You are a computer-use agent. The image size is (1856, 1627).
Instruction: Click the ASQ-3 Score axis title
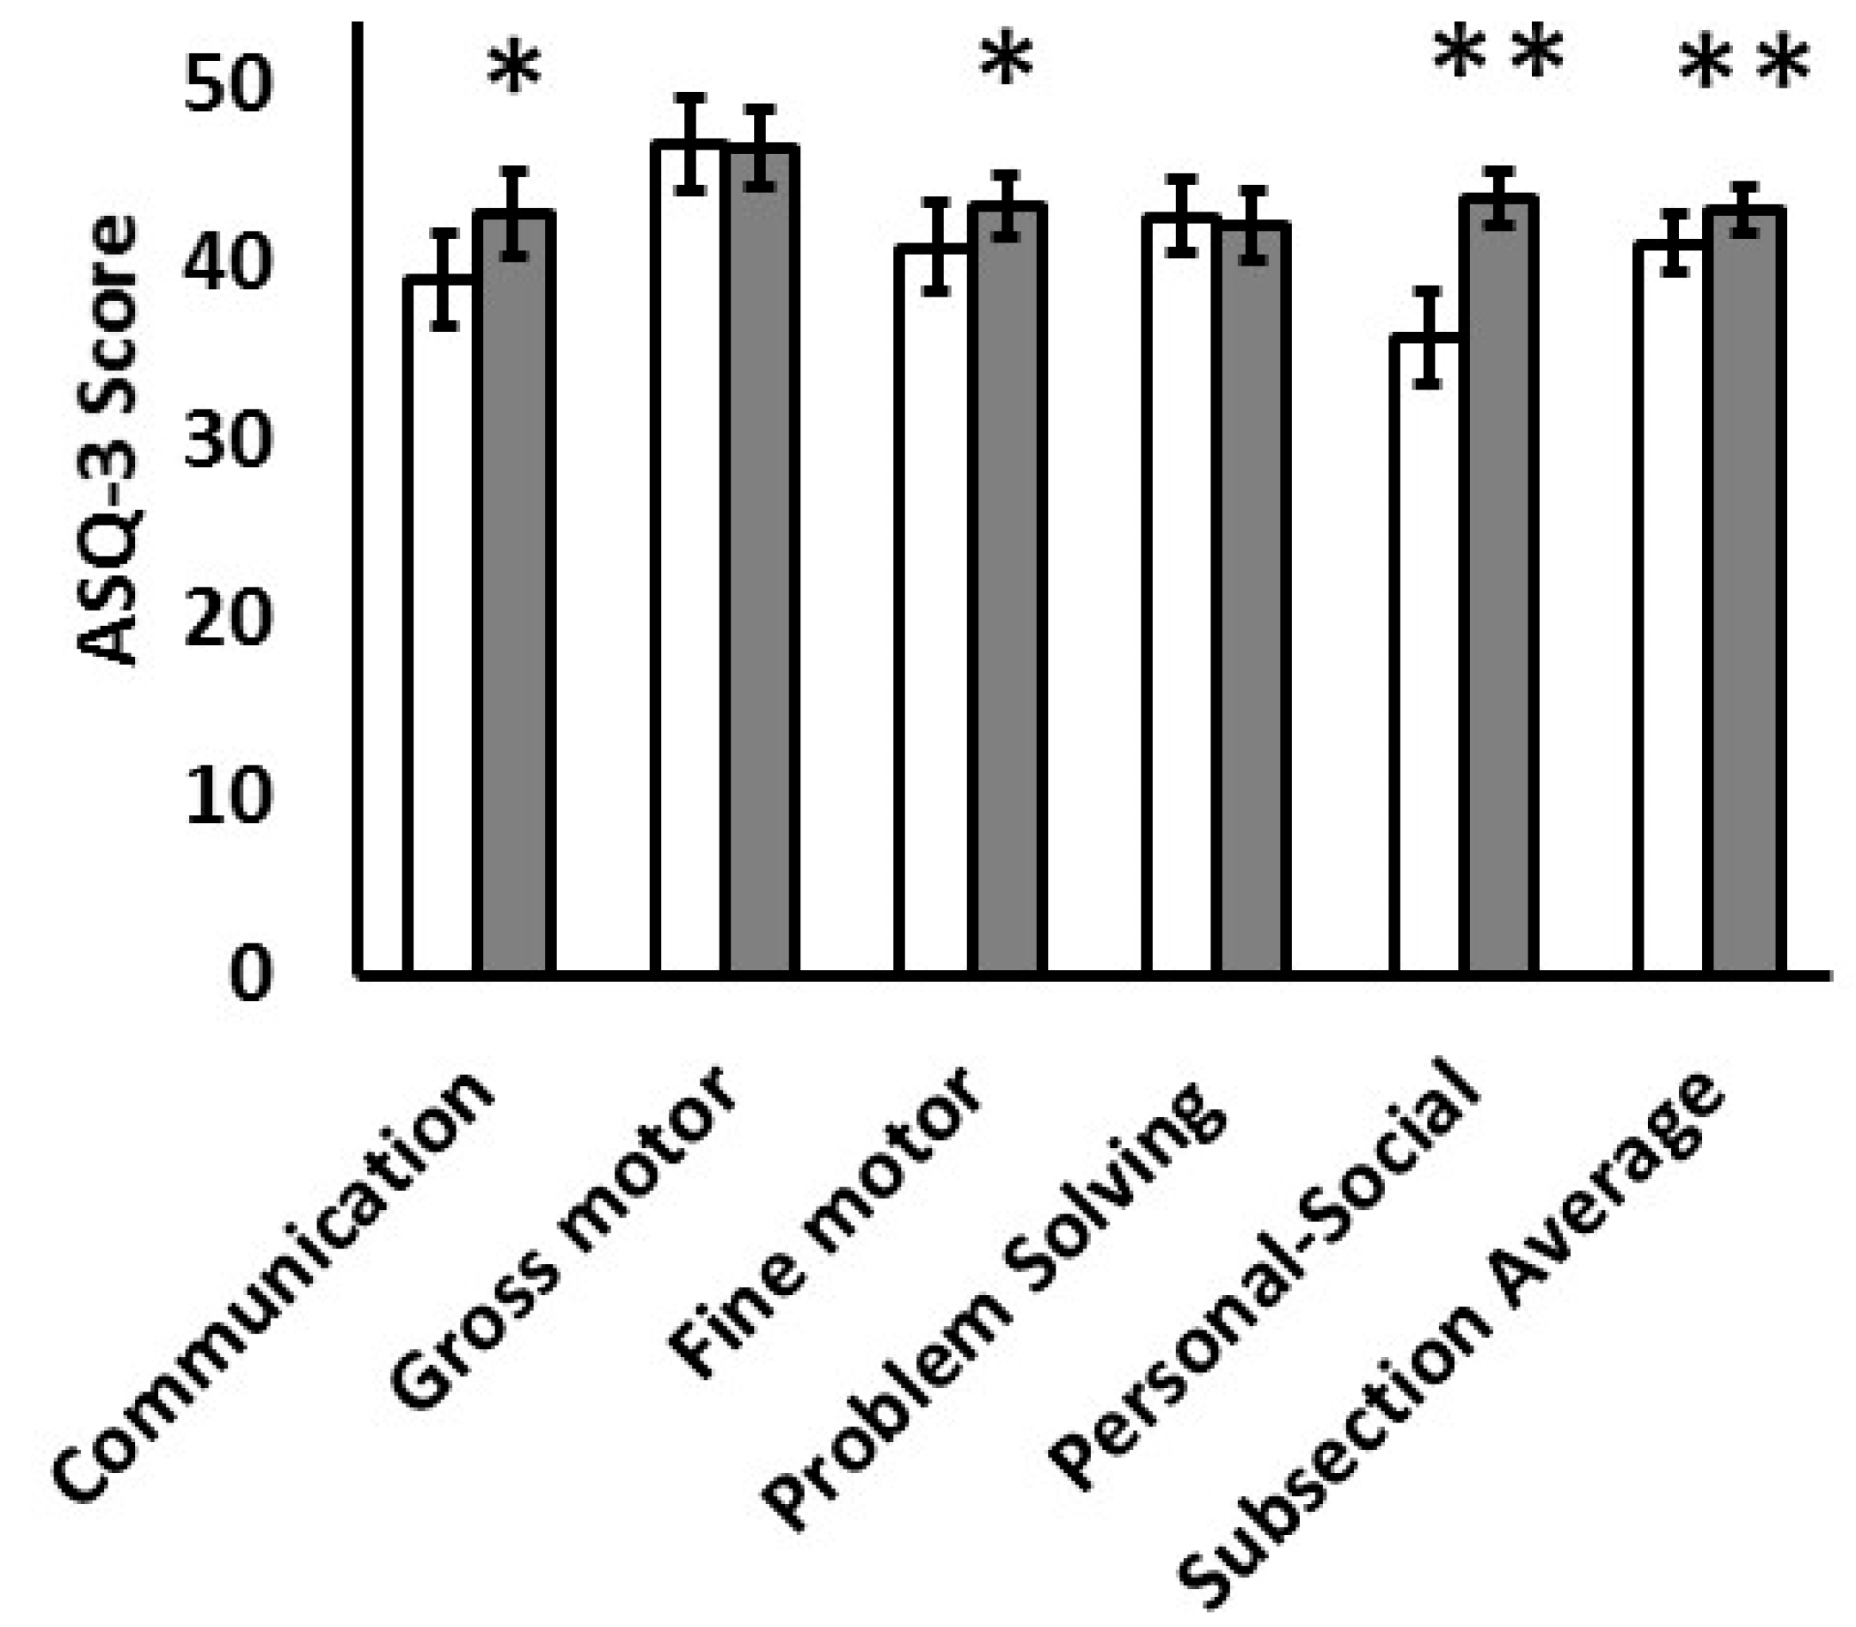click(107, 440)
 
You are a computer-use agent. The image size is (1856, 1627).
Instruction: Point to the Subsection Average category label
click(1452, 1344)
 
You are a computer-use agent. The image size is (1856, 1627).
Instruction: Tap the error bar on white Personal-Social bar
click(1429, 338)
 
